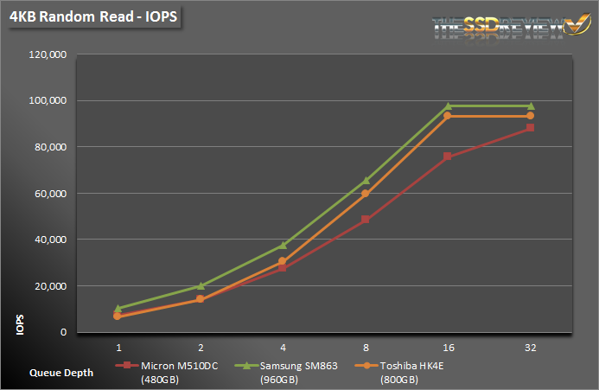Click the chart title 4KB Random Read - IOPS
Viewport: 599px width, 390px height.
pos(90,20)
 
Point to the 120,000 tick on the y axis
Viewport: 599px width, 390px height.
pos(49,54)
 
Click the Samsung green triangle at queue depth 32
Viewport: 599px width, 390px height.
pos(531,106)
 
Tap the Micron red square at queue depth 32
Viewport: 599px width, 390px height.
pos(531,128)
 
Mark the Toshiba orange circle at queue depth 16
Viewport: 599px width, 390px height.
pos(448,116)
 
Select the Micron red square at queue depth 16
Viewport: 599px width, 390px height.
pos(448,157)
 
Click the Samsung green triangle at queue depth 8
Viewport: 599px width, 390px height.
pos(366,181)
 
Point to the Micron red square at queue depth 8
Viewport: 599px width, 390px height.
pos(366,220)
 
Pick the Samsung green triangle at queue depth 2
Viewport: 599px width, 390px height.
pos(201,285)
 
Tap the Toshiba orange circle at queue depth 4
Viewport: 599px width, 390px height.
pos(283,261)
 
